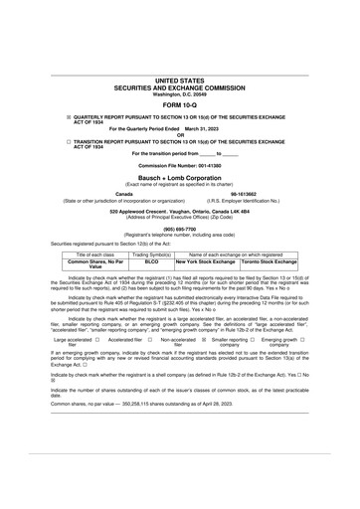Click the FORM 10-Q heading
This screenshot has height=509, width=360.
pyautogui.click(x=179, y=103)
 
